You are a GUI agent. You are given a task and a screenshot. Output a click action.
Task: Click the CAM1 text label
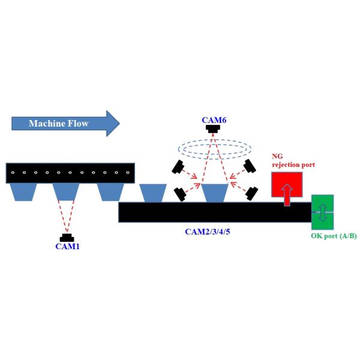(x=67, y=246)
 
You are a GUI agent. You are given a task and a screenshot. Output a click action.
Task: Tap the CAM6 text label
(x=214, y=120)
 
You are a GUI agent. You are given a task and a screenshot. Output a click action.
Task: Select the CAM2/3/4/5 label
(x=208, y=232)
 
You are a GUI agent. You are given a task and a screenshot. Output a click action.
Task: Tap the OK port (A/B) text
(x=334, y=236)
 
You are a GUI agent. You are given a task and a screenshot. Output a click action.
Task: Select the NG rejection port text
(x=293, y=161)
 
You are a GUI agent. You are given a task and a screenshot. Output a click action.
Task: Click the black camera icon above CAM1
(x=67, y=238)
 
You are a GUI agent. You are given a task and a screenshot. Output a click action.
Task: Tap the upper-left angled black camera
(x=178, y=166)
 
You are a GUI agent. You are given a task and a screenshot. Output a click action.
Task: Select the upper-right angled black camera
(x=250, y=166)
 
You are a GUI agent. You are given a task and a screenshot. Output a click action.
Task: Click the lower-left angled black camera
(x=179, y=194)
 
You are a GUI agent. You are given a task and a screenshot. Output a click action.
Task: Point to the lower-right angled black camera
(x=251, y=193)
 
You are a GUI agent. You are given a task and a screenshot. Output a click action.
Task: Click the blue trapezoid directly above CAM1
(x=66, y=192)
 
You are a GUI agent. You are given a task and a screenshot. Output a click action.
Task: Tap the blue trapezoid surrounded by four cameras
(x=215, y=193)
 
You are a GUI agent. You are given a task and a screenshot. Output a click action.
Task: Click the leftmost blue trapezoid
(x=23, y=192)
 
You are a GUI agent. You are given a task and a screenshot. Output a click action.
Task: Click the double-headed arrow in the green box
(x=322, y=212)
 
